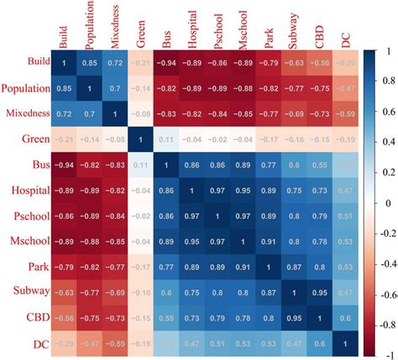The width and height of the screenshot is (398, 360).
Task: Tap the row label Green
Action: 30,139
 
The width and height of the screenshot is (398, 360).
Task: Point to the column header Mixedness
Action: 115,25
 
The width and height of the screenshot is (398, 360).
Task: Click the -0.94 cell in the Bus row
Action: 64,165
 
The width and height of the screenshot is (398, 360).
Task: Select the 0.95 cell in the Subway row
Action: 322,293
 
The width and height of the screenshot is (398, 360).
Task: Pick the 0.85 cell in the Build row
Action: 89,62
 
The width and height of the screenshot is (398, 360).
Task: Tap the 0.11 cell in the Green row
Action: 167,139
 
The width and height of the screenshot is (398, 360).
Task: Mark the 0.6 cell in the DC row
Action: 322,344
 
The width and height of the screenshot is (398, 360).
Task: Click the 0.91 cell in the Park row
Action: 244,268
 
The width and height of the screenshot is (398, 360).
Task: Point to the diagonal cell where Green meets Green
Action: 141,139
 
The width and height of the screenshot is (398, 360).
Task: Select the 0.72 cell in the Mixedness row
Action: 64,113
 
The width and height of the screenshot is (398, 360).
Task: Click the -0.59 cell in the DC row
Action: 115,344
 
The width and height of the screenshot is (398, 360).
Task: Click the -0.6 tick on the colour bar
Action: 383,295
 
